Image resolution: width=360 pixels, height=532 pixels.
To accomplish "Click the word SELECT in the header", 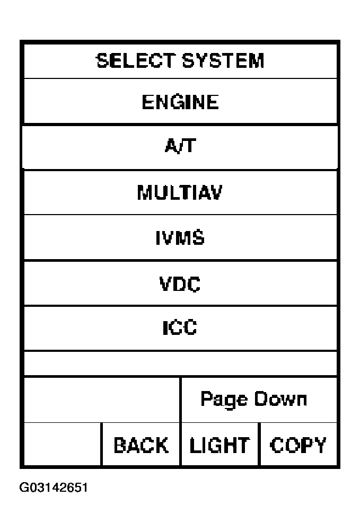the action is tap(135, 61).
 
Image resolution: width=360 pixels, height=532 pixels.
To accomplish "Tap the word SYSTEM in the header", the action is tap(223, 61).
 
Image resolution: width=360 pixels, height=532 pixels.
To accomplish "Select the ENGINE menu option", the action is tap(180, 102).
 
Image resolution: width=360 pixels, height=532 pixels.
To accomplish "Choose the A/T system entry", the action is tap(180, 146).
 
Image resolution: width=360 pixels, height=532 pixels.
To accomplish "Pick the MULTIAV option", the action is tap(180, 192).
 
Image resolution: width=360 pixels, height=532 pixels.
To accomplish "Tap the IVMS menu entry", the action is tap(180, 237).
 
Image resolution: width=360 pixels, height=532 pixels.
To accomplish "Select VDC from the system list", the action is tap(180, 283).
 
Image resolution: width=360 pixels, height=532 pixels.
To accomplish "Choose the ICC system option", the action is tap(180, 328).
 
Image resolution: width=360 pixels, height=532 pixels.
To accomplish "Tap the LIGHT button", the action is tap(219, 445).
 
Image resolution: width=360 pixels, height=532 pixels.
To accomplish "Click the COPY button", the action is tap(298, 445).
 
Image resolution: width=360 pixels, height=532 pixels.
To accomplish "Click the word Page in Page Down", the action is tap(224, 400).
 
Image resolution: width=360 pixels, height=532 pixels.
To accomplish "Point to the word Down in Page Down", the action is tap(281, 398).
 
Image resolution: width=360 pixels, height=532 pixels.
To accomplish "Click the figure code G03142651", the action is tap(54, 487).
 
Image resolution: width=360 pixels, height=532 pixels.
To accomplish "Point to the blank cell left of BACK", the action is tap(63, 445).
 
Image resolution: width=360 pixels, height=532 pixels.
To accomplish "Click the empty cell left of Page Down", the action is tap(102, 400).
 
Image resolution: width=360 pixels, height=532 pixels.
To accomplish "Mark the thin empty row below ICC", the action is tap(180, 363).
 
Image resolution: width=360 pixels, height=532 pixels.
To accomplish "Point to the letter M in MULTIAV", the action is tap(145, 192).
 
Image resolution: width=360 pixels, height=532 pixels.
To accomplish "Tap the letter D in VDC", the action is tap(180, 283).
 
